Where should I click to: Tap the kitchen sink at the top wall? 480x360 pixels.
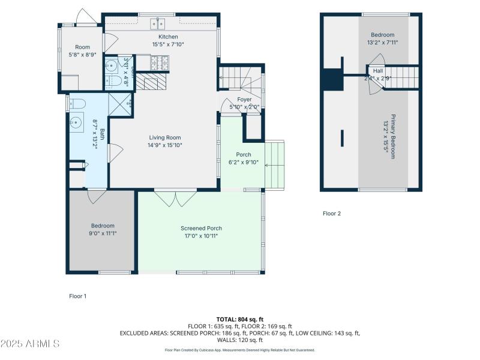(x=157, y=23)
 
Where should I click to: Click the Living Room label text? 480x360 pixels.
(x=165, y=138)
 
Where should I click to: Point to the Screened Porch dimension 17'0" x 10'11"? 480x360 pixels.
(x=202, y=236)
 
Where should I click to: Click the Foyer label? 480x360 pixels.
(x=244, y=100)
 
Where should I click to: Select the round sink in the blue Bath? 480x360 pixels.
(x=76, y=123)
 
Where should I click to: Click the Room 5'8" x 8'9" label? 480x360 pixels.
(x=82, y=47)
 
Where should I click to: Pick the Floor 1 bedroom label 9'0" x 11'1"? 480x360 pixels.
(x=103, y=226)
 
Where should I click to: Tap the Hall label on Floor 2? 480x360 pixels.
(x=378, y=70)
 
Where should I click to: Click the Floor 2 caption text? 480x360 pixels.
(x=332, y=213)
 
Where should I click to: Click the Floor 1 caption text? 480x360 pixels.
(x=78, y=296)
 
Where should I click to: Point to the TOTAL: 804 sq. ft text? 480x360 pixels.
(x=240, y=319)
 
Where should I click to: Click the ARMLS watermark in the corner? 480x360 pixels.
(x=30, y=344)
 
